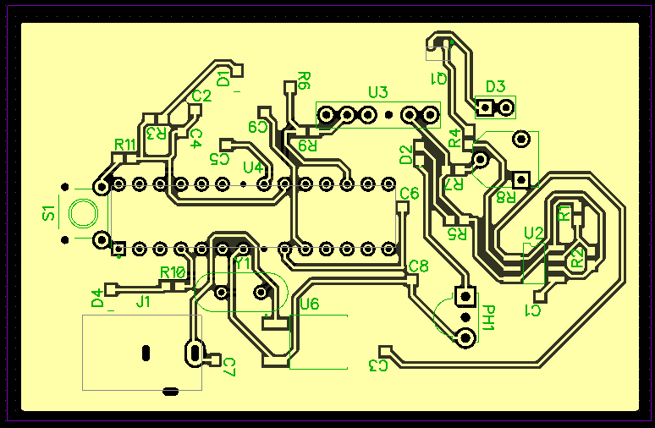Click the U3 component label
377,92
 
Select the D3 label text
495,86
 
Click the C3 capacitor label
378,365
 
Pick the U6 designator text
310,304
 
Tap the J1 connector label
143,300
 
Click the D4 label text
97,298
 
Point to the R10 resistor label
173,272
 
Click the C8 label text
418,266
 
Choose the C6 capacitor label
409,194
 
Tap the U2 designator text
533,233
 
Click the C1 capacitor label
533,311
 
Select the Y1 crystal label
243,263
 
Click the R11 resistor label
125,144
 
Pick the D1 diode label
224,79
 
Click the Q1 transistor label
439,79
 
